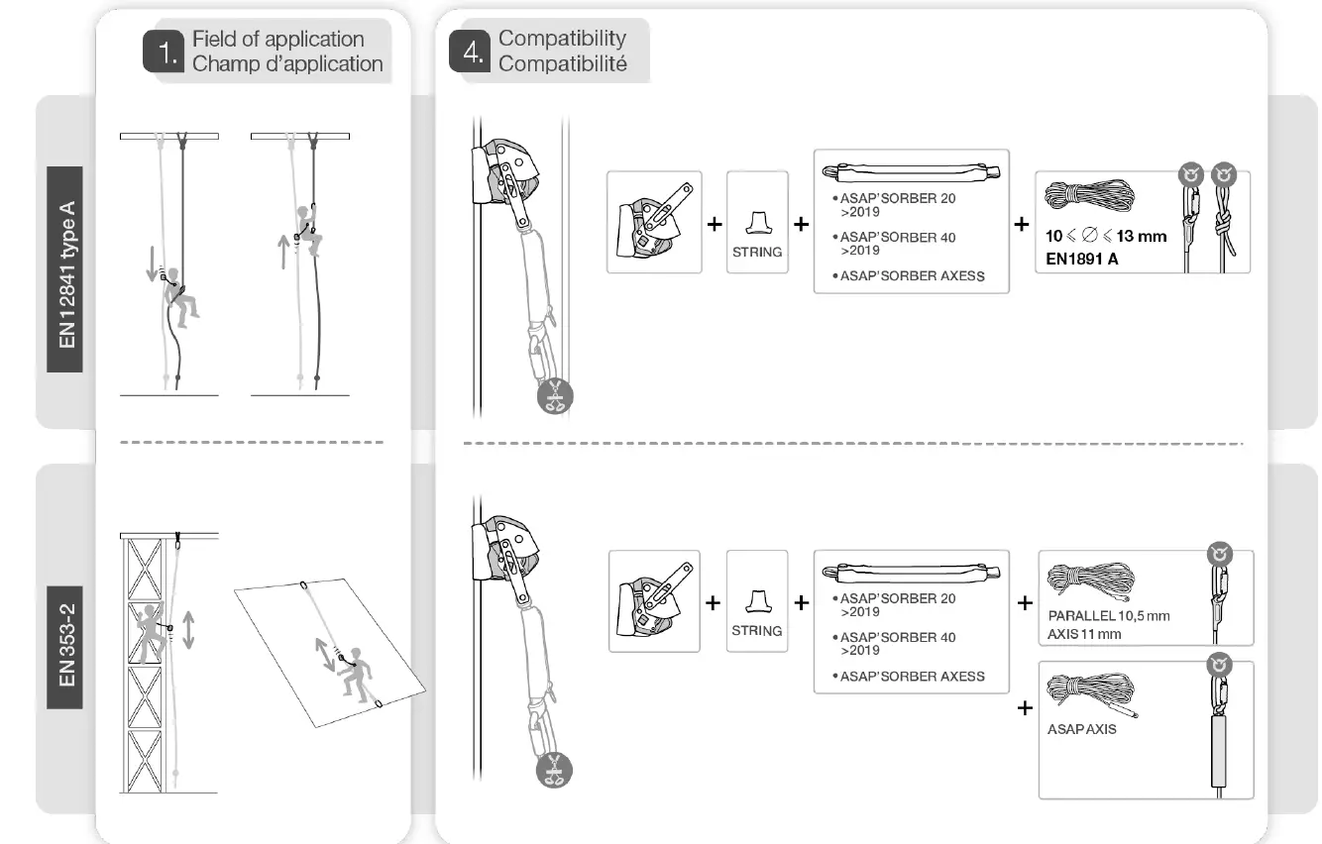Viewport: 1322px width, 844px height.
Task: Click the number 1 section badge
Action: coord(163,53)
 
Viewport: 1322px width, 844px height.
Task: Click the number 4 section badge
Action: coord(469,52)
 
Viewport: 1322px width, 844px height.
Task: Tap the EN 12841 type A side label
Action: coord(67,274)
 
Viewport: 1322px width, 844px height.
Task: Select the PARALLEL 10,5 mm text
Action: coord(1108,615)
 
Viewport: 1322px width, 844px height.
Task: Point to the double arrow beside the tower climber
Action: coord(188,629)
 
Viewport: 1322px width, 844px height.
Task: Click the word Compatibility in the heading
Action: coord(562,39)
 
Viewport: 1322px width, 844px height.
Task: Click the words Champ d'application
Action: coord(287,64)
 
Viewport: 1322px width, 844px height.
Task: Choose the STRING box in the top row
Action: coord(757,222)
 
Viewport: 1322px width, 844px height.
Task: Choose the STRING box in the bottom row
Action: coord(757,601)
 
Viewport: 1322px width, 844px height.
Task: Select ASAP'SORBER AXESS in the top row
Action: coord(912,276)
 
